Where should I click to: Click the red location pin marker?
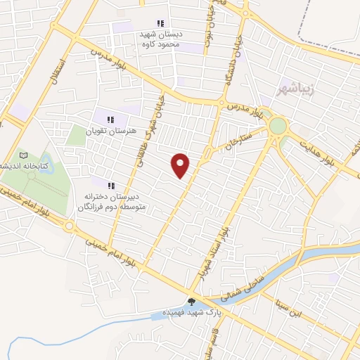181,165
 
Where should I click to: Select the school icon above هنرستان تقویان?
110,120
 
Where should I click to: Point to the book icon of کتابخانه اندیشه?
25,155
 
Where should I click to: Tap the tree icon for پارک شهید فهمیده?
191,302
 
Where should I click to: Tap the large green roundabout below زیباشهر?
278,126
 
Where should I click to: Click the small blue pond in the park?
46,164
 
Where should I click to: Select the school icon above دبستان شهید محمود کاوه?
160,23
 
